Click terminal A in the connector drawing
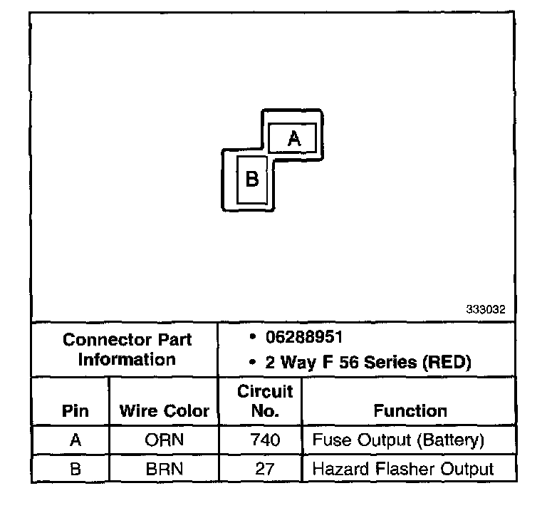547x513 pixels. click(x=293, y=138)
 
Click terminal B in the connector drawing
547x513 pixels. click(x=251, y=179)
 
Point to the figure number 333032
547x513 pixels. click(x=486, y=310)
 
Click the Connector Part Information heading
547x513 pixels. click(x=127, y=349)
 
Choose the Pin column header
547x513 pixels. click(x=75, y=411)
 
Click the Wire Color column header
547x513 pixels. click(x=164, y=411)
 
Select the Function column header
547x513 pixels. click(x=410, y=411)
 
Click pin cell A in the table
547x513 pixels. click(x=75, y=440)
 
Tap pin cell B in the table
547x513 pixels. click(x=75, y=469)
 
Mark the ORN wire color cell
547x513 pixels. click(x=164, y=440)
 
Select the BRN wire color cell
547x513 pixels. click(x=164, y=469)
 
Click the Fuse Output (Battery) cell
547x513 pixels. click(x=398, y=440)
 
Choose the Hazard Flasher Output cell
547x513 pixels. click(x=402, y=469)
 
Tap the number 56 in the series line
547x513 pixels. click(x=347, y=362)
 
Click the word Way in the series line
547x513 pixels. click(x=297, y=362)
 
